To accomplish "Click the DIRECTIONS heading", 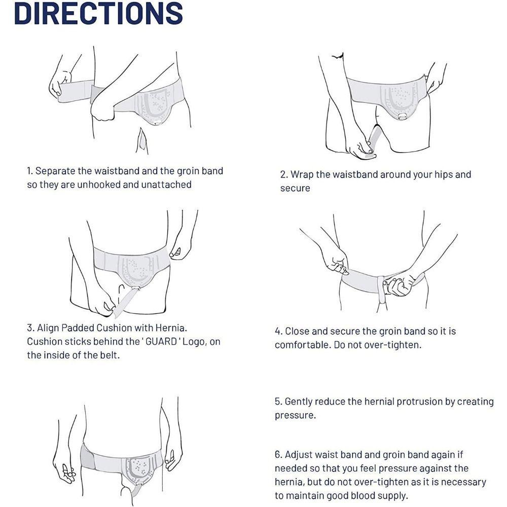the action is point(99,13).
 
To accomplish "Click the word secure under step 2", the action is point(295,188).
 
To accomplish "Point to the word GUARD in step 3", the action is point(161,341).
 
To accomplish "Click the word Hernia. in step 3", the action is point(171,328).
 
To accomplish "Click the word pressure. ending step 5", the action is point(295,416).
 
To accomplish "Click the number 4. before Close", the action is point(279,331).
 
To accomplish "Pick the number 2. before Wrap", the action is point(284,174).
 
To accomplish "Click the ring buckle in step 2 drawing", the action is point(403,117).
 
